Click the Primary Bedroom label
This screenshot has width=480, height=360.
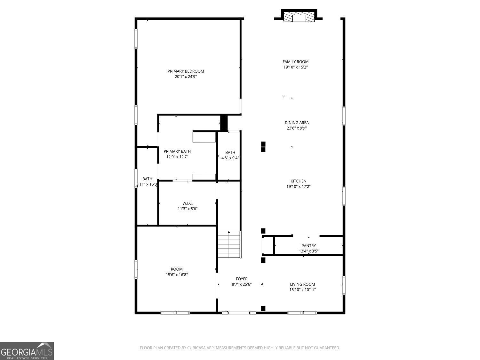point(186,71)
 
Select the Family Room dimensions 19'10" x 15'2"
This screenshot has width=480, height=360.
point(295,67)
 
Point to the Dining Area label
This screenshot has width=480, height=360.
point(297,123)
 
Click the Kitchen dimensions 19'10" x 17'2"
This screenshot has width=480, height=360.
point(298,187)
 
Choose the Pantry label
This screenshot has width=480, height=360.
point(308,246)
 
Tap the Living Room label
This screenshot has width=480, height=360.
point(302,284)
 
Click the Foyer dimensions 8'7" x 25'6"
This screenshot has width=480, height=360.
point(242,284)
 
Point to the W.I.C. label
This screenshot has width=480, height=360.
point(188,203)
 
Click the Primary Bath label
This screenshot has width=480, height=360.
point(177,151)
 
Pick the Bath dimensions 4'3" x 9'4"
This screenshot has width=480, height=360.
point(230,158)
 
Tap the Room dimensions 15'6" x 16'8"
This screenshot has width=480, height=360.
point(177,275)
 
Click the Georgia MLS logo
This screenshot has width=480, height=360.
point(27,351)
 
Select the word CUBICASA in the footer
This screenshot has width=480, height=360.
point(196,348)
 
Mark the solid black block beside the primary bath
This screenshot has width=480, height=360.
point(224,123)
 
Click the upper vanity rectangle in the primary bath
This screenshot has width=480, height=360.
point(204,137)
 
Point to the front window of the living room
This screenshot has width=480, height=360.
point(302,313)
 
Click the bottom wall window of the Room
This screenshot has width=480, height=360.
point(175,313)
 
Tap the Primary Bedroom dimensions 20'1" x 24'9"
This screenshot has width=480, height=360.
point(186,77)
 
